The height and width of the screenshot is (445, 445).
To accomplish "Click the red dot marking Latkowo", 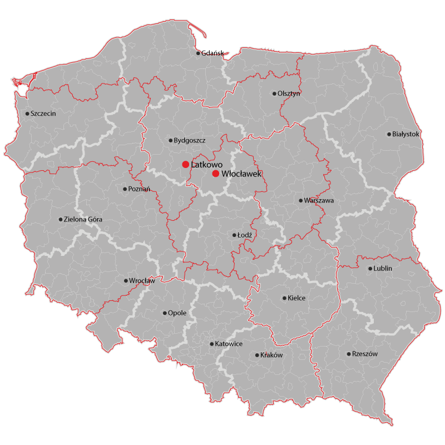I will tap(185, 165).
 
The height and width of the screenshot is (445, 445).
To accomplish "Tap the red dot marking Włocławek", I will tap(216, 174).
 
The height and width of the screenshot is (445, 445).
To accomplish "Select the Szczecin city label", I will tap(43, 113).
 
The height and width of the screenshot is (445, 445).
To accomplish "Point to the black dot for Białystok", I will tap(389, 134).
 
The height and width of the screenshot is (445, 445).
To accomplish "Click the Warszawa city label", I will tap(319, 200).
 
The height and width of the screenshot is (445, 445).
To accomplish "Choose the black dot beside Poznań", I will tap(125, 189).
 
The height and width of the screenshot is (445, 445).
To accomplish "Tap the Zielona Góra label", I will tap(83, 219).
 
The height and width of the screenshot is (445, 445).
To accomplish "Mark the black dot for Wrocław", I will tap(126, 281).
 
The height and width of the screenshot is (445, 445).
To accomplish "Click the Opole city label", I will tap(177, 313).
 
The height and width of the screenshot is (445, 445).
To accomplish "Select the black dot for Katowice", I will tap(211, 344).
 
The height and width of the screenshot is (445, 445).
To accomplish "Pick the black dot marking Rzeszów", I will tap(349, 354).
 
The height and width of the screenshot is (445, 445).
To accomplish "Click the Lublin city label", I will tap(383, 269).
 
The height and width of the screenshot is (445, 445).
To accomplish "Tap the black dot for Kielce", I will tap(284, 298).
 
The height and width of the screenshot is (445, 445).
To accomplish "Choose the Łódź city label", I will tap(245, 235).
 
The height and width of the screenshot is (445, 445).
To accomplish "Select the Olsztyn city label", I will tap(289, 93).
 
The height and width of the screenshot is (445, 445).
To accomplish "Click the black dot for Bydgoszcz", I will tap(170, 140).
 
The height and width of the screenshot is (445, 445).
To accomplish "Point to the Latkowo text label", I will tap(206, 165).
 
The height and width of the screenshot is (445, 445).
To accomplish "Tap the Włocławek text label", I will tap(241, 174).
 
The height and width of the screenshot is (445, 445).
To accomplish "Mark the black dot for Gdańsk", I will tap(198, 53).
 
